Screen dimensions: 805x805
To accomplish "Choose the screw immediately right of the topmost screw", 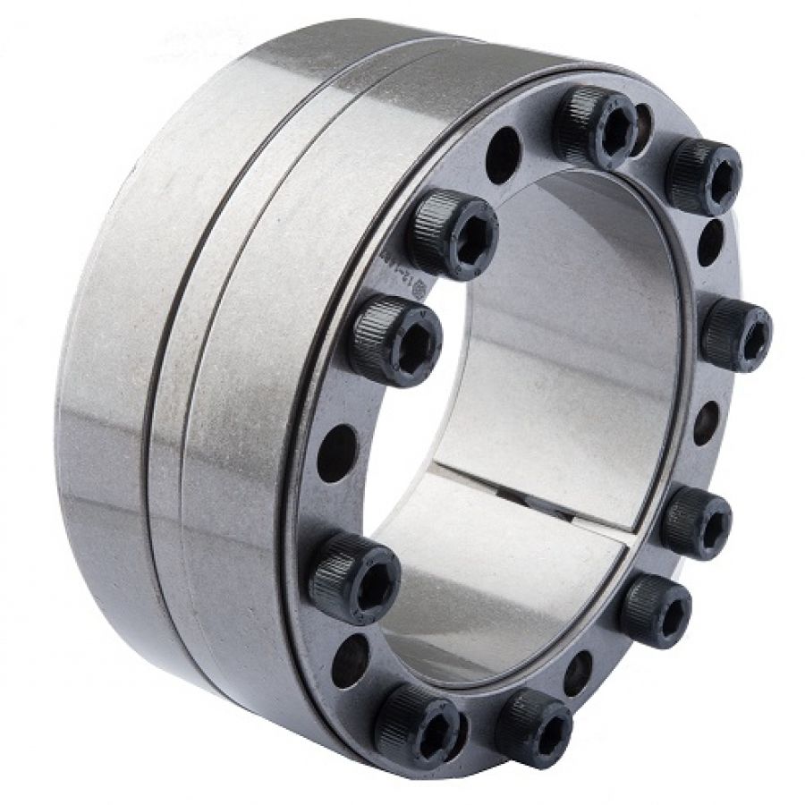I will point(704,175).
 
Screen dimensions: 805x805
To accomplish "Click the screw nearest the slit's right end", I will point(696,522).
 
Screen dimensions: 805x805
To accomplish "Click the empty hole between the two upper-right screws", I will point(711,241).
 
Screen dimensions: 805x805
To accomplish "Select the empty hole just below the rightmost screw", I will point(706,421).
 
